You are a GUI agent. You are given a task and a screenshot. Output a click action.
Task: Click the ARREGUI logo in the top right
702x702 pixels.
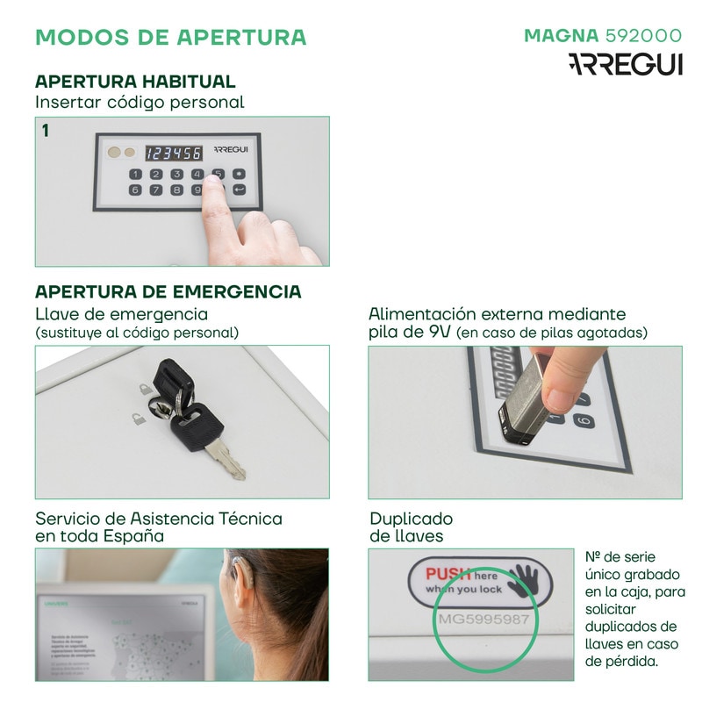[625, 65]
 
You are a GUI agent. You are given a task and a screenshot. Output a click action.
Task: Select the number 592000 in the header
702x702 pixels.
[643, 36]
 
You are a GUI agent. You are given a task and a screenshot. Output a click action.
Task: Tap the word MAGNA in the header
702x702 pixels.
[562, 36]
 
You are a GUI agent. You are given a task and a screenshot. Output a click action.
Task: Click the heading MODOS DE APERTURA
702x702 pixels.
[170, 38]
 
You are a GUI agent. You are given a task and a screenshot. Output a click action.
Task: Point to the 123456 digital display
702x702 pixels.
[173, 153]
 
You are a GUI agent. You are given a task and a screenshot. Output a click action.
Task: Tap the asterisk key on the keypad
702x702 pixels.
[239, 174]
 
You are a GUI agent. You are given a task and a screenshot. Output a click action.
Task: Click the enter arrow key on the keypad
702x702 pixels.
[239, 190]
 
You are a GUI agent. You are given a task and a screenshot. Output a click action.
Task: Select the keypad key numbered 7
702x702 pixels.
[155, 190]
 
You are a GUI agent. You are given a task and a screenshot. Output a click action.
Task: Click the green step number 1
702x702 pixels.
[45, 131]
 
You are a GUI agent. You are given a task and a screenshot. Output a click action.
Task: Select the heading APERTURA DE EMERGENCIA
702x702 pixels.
[168, 291]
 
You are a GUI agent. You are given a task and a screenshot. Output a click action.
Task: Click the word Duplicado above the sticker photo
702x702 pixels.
[411, 519]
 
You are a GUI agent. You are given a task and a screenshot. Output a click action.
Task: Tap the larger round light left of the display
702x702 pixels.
[113, 153]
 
